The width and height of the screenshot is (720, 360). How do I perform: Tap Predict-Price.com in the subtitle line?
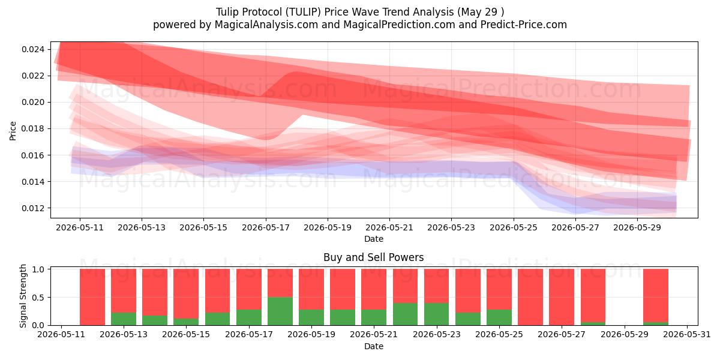(524, 25)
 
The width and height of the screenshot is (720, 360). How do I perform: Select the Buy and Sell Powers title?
(373, 257)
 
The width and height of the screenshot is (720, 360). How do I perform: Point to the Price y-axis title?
(13, 131)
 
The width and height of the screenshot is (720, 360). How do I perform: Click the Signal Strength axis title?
(23, 296)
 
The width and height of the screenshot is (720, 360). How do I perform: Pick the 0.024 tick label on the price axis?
(33, 49)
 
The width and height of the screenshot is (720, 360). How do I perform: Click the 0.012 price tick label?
(33, 208)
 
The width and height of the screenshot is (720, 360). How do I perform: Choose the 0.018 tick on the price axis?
(33, 128)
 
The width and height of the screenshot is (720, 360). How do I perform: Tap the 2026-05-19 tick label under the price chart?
(328, 227)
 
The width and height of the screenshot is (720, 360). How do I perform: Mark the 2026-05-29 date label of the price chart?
(637, 227)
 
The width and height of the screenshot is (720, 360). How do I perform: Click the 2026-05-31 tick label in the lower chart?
(687, 335)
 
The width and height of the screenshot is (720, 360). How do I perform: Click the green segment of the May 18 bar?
(280, 311)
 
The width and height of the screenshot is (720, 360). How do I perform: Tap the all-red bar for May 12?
(92, 297)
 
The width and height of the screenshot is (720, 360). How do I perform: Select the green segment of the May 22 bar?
(405, 314)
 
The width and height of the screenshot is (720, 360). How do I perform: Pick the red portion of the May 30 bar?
(656, 296)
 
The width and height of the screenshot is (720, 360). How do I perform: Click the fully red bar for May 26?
(530, 297)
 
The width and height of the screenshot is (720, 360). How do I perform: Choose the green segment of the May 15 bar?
(186, 322)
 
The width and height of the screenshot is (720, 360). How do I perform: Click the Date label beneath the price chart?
(373, 239)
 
